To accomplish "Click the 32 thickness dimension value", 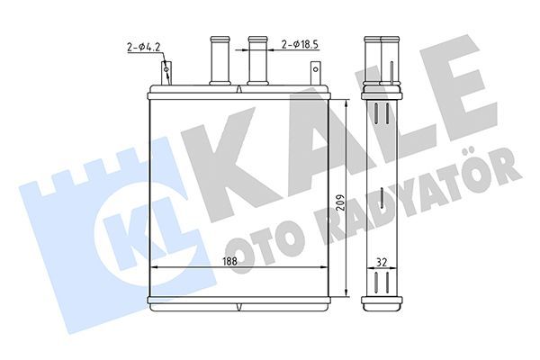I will click(x=383, y=261).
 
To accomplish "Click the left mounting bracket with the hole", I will click(x=166, y=71).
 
